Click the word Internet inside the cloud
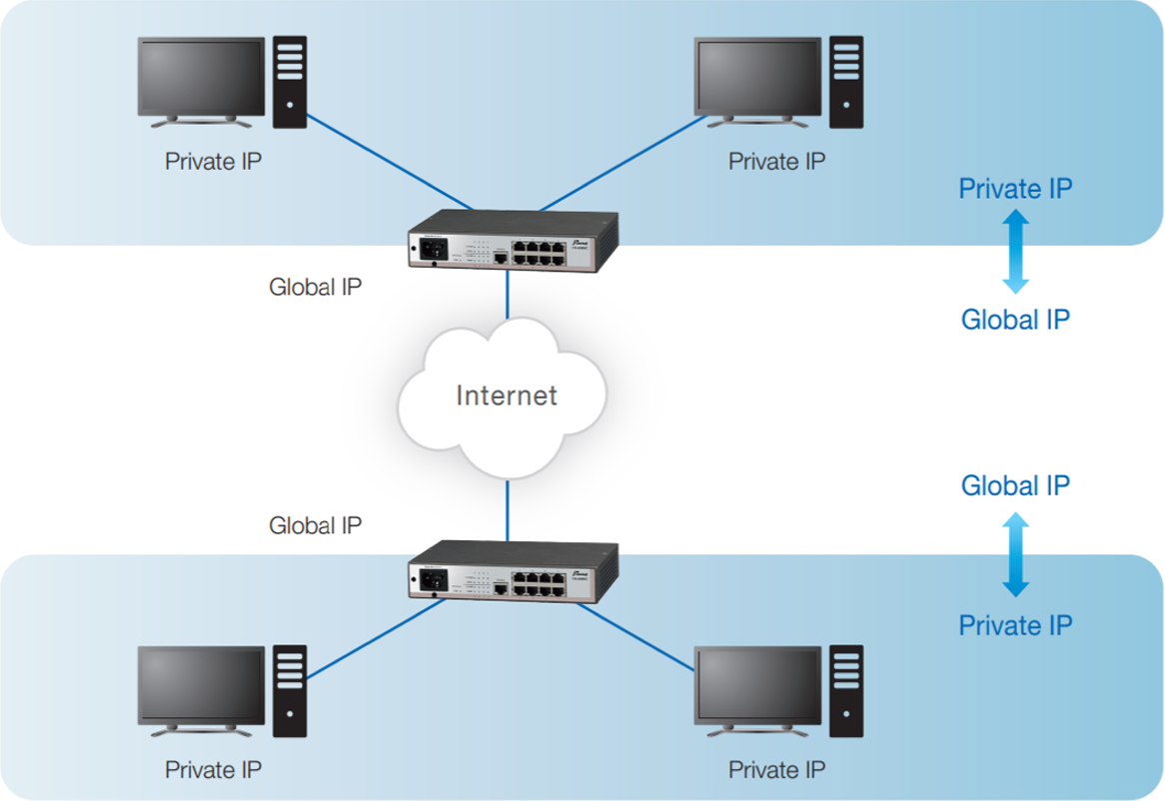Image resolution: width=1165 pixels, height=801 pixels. click(x=507, y=395)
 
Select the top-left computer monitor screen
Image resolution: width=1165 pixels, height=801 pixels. click(x=201, y=77)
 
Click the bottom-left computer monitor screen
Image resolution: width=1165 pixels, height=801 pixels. click(x=201, y=686)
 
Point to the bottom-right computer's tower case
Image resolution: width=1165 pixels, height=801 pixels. click(x=845, y=691)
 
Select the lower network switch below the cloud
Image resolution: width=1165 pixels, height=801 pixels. click(x=508, y=573)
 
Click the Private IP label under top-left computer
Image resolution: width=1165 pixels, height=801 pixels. click(x=214, y=162)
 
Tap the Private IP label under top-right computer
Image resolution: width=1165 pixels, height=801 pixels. click(x=776, y=162)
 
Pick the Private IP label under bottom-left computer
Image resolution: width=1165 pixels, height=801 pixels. click(x=214, y=770)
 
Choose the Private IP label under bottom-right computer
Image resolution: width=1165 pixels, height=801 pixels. click(x=776, y=770)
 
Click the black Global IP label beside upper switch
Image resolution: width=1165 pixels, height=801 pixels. click(x=315, y=288)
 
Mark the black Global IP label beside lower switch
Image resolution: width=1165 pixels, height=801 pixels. click(x=315, y=525)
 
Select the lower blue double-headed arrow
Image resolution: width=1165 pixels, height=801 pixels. click(x=1015, y=554)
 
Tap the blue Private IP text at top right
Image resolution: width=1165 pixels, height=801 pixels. click(x=1015, y=189)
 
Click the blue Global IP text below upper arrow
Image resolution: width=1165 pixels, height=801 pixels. click(x=1015, y=320)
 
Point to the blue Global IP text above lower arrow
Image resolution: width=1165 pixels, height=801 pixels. click(x=1015, y=486)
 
